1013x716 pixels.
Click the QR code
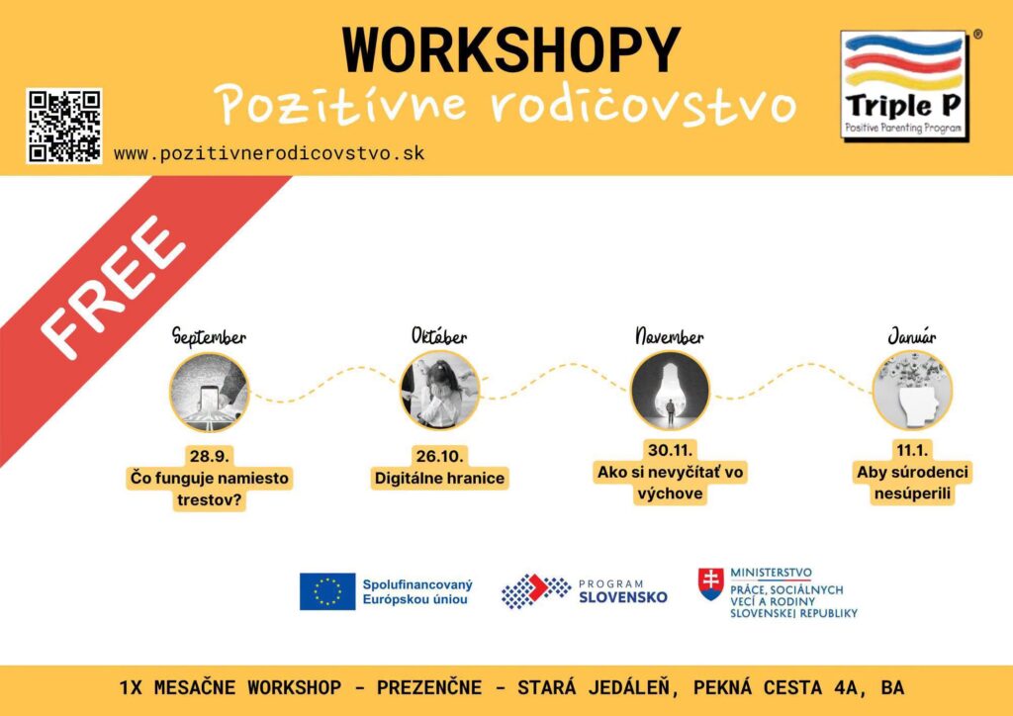point(64,126)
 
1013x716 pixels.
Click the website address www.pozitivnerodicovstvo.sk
point(269,153)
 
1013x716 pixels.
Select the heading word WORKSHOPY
point(511,49)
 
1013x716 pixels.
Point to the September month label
point(209,337)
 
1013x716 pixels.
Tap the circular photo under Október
point(440,391)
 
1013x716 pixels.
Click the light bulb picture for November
point(670,391)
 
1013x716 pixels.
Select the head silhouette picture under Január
point(912,391)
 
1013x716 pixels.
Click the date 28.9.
point(209,457)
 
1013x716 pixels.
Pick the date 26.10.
point(440,457)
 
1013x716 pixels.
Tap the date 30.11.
point(670,449)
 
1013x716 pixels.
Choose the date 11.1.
point(912,449)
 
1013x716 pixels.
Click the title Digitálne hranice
point(440,479)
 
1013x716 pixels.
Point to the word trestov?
point(209,500)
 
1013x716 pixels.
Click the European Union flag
point(327,591)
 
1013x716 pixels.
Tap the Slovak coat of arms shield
point(710,584)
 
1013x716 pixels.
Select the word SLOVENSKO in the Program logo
point(623,597)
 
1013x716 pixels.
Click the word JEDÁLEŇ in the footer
point(632,687)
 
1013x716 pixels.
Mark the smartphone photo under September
point(210,391)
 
